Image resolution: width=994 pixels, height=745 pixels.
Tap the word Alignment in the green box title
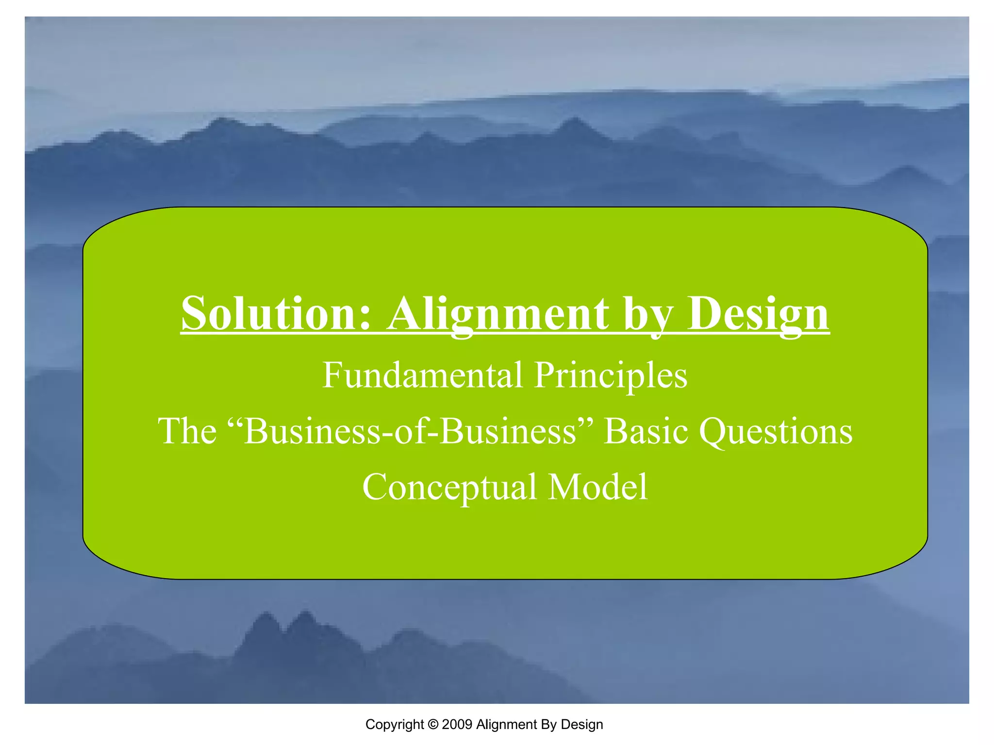[498, 314]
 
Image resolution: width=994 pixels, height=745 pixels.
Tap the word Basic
[646, 431]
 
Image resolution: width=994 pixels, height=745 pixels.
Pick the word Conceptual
[449, 487]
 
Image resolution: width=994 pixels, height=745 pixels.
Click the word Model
[598, 487]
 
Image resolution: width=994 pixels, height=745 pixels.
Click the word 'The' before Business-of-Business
[187, 431]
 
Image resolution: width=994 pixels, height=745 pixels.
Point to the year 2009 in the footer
[457, 725]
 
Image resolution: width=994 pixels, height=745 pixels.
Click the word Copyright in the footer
[395, 725]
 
